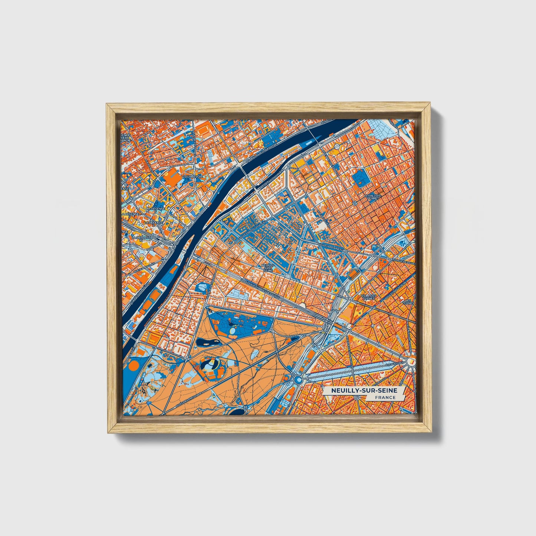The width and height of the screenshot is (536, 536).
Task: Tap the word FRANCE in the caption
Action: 385,397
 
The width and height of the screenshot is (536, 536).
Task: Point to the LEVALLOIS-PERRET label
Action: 372,197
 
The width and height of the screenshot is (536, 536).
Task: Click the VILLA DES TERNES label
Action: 368,297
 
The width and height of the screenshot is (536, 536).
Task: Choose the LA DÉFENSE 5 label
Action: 153,210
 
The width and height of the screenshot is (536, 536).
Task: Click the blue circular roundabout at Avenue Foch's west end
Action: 298,379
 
